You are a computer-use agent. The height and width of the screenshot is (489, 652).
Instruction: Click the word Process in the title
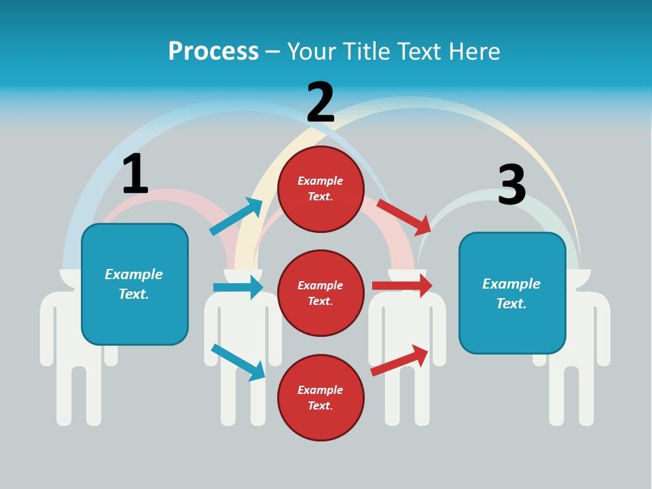click(213, 52)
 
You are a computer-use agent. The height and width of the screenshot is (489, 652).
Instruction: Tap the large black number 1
click(135, 174)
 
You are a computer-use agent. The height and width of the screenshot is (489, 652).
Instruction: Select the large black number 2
click(321, 103)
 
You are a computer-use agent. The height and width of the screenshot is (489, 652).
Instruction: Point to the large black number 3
click(512, 185)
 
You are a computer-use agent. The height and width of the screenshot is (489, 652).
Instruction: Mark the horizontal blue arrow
click(238, 287)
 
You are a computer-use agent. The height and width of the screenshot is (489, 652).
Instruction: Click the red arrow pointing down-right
click(404, 217)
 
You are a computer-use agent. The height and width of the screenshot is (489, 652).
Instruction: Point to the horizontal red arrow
click(402, 285)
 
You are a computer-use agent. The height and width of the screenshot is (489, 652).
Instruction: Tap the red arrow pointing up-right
click(399, 360)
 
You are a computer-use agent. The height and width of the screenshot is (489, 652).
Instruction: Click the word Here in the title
click(475, 52)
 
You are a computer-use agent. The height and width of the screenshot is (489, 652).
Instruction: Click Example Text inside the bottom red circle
click(321, 398)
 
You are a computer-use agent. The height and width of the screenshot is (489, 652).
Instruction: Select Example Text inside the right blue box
click(511, 293)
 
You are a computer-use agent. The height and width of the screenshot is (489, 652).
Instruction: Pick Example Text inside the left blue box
click(134, 284)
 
